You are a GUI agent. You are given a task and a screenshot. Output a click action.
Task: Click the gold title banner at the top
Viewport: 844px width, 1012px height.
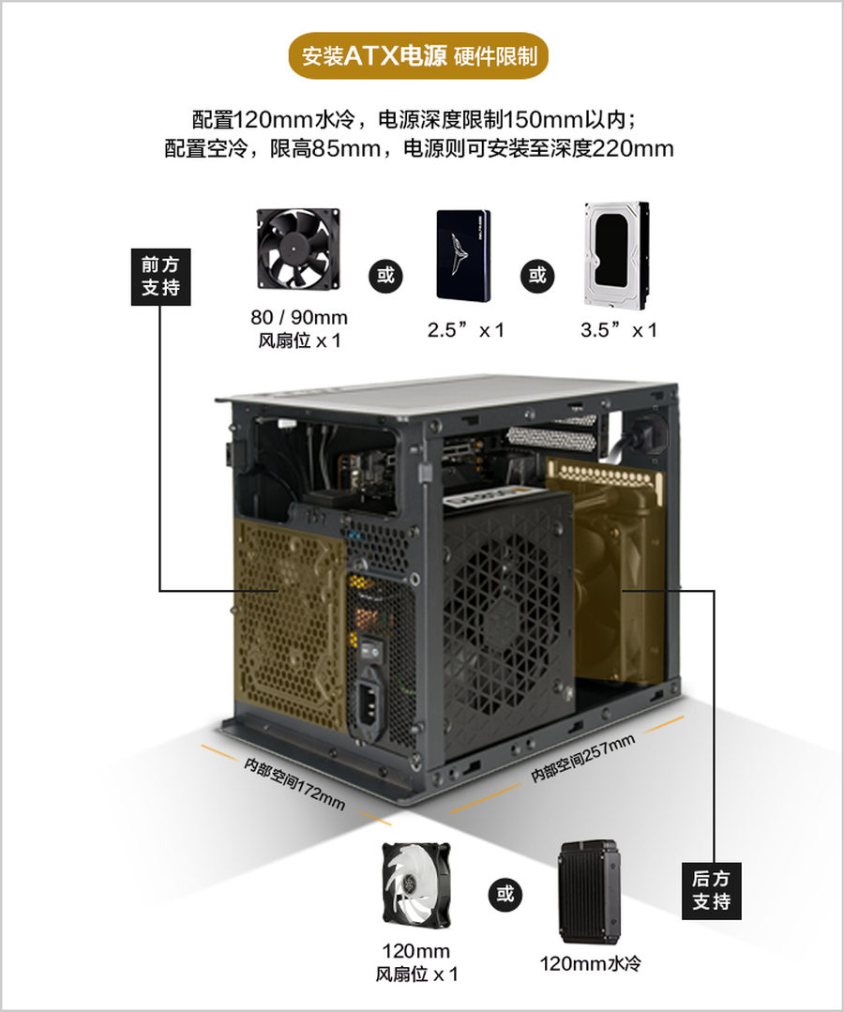click(417, 55)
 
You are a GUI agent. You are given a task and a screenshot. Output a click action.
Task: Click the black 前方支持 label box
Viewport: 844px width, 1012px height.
click(160, 277)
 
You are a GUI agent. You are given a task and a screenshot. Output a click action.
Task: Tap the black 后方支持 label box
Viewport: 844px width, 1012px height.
click(711, 891)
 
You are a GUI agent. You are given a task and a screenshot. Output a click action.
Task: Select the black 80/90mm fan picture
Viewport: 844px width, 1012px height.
click(298, 249)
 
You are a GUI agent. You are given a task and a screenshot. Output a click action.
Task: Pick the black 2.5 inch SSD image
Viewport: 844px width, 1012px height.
click(463, 256)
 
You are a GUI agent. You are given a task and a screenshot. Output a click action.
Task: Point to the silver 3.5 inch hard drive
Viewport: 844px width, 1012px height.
click(617, 255)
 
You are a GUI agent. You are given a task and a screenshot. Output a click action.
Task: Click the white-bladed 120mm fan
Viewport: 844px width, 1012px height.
click(415, 884)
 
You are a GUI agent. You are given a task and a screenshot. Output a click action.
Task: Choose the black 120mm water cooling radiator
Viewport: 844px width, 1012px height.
click(589, 892)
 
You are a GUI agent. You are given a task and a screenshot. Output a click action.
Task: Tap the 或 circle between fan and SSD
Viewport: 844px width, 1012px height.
click(385, 276)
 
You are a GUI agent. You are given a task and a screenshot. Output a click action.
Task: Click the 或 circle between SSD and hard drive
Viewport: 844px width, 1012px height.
click(537, 276)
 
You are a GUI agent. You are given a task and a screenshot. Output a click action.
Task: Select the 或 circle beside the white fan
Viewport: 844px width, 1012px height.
click(505, 894)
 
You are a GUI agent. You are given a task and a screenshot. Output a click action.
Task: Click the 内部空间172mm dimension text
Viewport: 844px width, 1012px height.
click(294, 783)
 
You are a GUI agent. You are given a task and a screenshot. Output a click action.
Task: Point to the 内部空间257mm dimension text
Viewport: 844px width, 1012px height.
click(582, 759)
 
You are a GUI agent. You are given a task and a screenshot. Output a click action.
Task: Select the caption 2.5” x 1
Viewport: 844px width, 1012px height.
click(465, 330)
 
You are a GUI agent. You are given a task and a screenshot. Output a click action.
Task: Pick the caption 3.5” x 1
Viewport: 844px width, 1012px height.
click(618, 330)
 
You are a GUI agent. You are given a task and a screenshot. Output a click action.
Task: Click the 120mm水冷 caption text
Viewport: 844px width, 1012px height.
click(590, 963)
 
